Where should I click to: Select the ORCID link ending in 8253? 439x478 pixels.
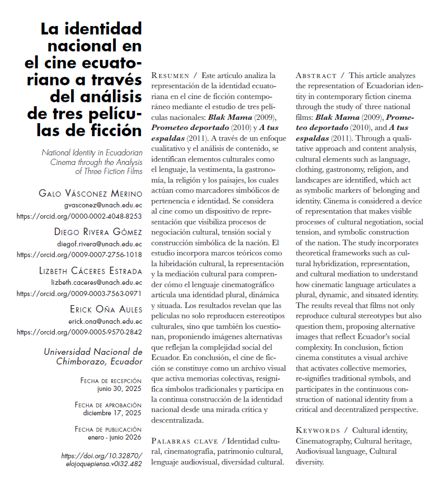click(80, 216)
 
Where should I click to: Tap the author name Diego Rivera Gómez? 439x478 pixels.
click(98, 232)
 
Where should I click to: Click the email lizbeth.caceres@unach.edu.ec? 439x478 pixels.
click(97, 282)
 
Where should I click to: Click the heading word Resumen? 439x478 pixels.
click(172, 75)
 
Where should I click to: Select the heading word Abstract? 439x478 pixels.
click(316, 75)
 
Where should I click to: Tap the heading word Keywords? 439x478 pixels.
click(318, 431)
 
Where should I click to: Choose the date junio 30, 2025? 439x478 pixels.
click(119, 389)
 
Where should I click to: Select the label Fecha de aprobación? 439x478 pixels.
click(108, 405)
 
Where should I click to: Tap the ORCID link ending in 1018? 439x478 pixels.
click(80, 254)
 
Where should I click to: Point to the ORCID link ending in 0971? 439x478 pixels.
click(80, 293)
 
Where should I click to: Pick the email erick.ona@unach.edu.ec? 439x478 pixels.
click(107, 320)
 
